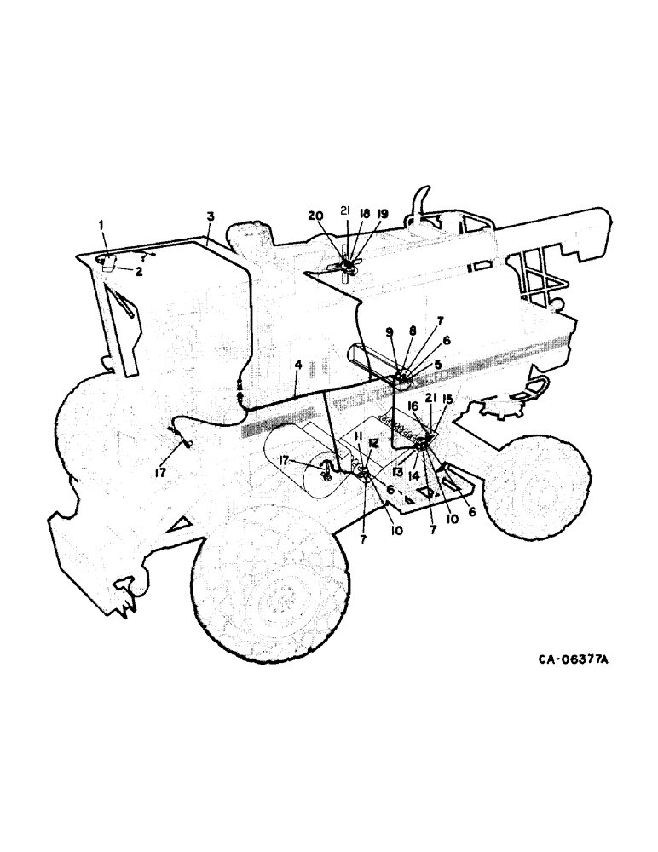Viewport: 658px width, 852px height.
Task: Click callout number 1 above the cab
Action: [101, 224]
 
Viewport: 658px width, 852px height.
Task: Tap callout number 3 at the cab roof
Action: [209, 217]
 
